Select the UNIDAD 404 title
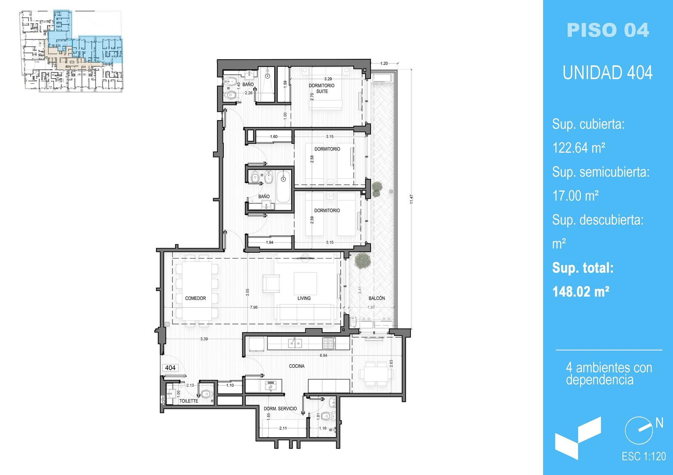tap(607, 73)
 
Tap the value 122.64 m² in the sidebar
tap(579, 148)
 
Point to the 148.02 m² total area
tap(580, 292)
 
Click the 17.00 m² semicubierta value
tap(575, 196)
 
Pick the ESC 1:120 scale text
tap(644, 457)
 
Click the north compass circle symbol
tap(639, 430)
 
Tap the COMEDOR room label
tap(195, 298)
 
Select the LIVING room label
tap(304, 298)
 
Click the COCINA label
tap(297, 366)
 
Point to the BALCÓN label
tap(376, 298)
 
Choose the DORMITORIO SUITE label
tap(321, 88)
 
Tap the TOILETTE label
tap(189, 401)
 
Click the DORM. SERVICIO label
tap(280, 408)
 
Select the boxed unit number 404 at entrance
tap(170, 367)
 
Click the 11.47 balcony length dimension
tap(411, 199)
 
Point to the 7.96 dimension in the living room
tap(254, 307)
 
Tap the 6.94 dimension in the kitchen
tap(323, 355)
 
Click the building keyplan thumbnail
tap(71, 51)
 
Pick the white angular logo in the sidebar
tap(578, 439)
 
